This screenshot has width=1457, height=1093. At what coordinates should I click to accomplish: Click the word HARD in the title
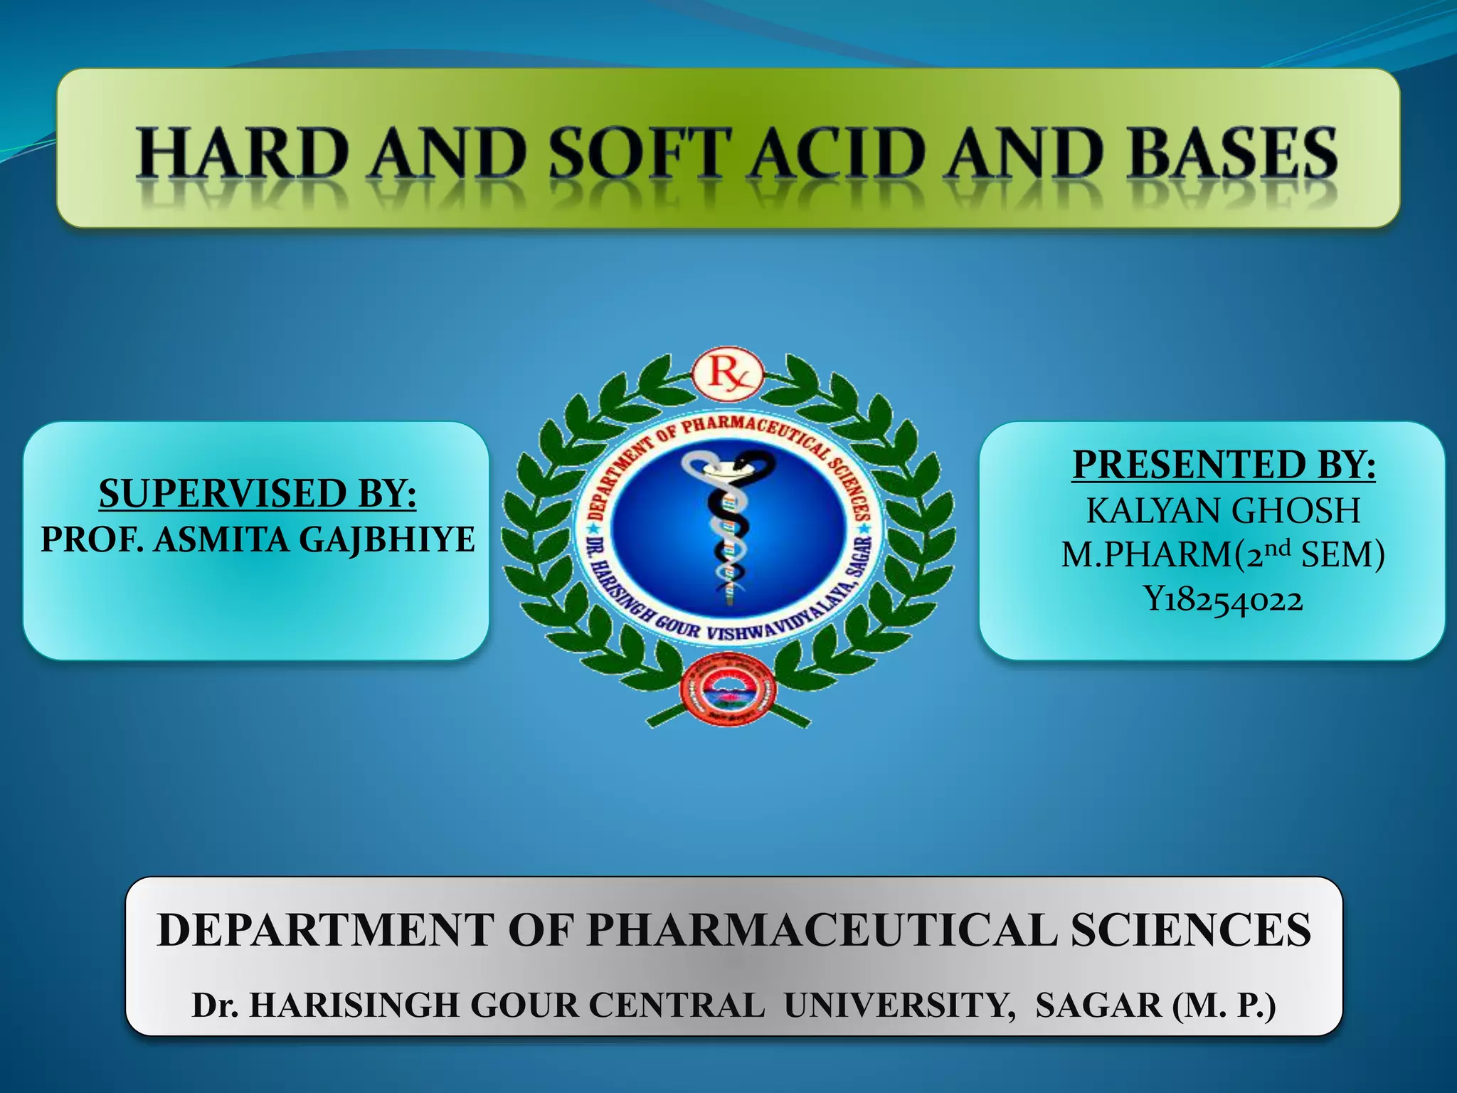click(x=243, y=153)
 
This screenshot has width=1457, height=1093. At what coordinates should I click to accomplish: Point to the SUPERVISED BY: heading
click(x=258, y=493)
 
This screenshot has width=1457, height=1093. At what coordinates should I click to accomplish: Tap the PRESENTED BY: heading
click(x=1224, y=465)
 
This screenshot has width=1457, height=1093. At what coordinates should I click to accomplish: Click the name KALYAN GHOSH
click(x=1223, y=510)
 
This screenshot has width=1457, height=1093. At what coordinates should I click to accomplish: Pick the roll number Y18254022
click(x=1223, y=599)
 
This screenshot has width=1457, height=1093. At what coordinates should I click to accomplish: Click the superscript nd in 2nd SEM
click(x=1278, y=547)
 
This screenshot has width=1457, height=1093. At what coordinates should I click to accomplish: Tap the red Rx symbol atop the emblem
click(x=728, y=373)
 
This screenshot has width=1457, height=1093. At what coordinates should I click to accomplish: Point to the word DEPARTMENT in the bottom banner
click(x=326, y=929)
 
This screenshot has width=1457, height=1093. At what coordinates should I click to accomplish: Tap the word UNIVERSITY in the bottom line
click(x=900, y=1005)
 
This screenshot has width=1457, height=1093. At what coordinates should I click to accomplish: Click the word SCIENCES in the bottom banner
click(x=1190, y=929)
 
